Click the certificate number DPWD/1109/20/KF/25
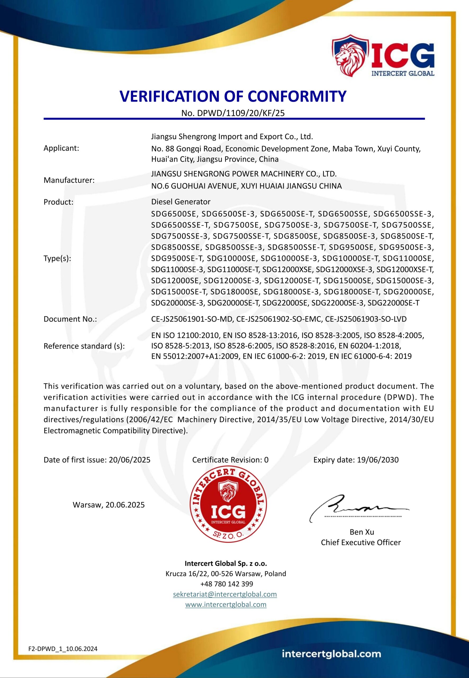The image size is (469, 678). (241, 113)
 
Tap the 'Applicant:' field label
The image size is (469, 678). (61, 148)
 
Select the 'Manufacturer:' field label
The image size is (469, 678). (69, 180)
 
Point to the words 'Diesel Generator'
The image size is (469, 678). (181, 202)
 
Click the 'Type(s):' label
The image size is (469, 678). (57, 258)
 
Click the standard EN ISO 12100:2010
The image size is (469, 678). (185, 335)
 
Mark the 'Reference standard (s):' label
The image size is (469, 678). (84, 346)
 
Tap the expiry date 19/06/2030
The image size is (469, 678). (378, 460)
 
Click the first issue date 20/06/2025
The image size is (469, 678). (130, 460)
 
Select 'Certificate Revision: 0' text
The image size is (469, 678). (230, 460)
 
